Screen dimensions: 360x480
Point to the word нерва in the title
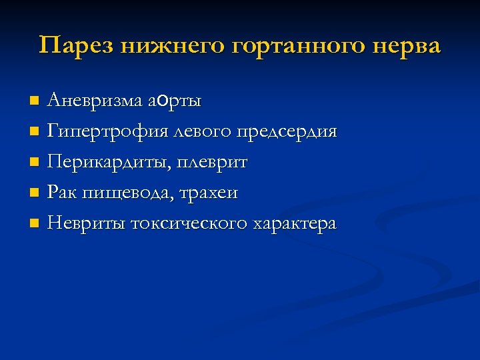coord(406,46)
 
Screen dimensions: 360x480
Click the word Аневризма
coord(94,101)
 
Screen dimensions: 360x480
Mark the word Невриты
coord(79,224)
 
